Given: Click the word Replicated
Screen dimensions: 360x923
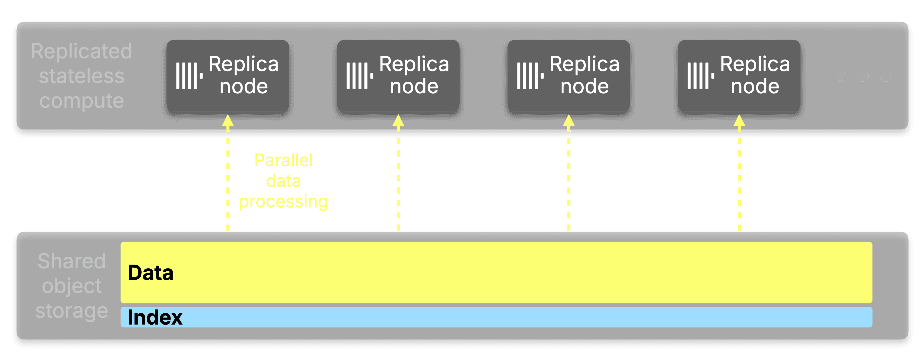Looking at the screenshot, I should [82, 51].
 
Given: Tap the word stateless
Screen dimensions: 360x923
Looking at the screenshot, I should [82, 76].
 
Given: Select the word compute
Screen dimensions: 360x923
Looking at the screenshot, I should [82, 101].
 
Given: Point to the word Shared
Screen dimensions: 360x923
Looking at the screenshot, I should [72, 261].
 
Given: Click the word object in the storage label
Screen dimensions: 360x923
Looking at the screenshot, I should [72, 286].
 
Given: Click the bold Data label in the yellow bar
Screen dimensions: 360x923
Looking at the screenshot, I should [151, 273].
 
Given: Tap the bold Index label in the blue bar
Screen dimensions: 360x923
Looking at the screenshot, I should [155, 317].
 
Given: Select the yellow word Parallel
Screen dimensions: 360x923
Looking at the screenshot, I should [283, 160].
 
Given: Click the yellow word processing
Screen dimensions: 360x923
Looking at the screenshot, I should [283, 202].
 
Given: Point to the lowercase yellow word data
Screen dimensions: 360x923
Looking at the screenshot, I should [283, 181].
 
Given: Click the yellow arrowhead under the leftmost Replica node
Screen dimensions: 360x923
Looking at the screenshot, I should [228, 121].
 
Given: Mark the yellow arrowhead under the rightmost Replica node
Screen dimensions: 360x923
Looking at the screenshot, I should [739, 121].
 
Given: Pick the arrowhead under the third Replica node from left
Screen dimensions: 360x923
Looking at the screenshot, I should [569, 121].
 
